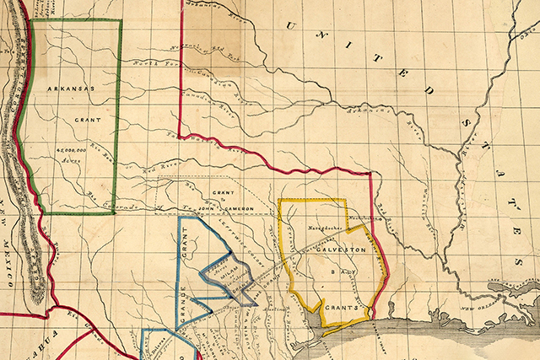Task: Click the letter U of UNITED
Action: click(292, 24)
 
